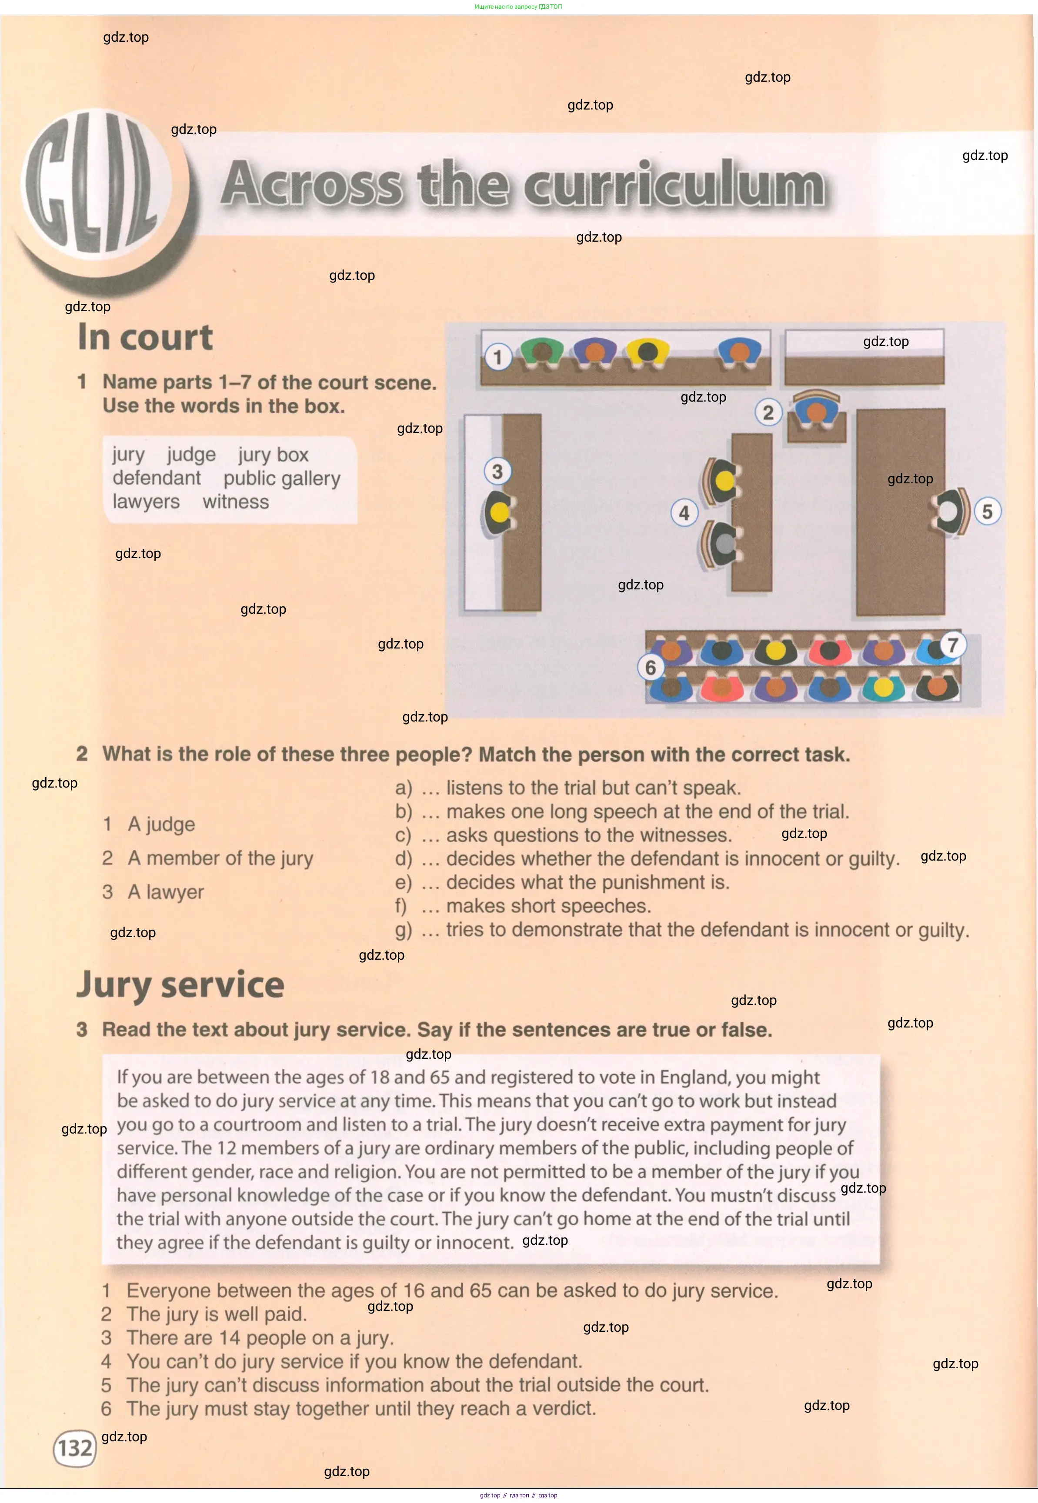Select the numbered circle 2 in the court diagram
pos(768,412)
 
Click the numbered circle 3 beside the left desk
pos(497,471)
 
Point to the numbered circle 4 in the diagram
pos(684,513)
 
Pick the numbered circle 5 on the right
pos(987,512)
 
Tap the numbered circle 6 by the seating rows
pos(651,668)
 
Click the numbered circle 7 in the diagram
pos(952,645)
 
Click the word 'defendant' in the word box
pos(157,478)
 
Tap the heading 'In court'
pos(145,337)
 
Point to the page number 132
pos(75,1448)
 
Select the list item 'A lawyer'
pos(165,892)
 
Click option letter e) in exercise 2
pos(403,882)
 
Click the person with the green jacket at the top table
pos(542,352)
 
